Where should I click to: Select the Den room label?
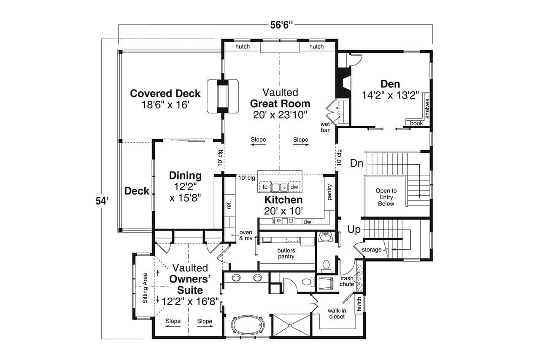(x=390, y=84)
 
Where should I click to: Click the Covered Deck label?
(x=165, y=94)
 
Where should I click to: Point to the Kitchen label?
(x=283, y=200)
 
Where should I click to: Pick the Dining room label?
(x=185, y=176)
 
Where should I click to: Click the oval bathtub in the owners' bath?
(x=248, y=326)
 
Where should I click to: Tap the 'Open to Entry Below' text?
(x=386, y=197)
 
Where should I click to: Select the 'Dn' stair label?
(x=356, y=163)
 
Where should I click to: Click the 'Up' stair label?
(x=354, y=230)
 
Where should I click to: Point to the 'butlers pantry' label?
(x=286, y=253)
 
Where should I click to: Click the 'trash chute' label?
(x=347, y=281)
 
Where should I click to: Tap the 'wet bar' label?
(x=325, y=127)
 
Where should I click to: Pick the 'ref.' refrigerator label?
(x=229, y=206)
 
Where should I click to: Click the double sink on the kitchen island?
(x=279, y=187)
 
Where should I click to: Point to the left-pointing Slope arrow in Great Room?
(x=258, y=145)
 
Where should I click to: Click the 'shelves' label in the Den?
(x=427, y=108)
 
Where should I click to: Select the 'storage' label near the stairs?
(x=372, y=250)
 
